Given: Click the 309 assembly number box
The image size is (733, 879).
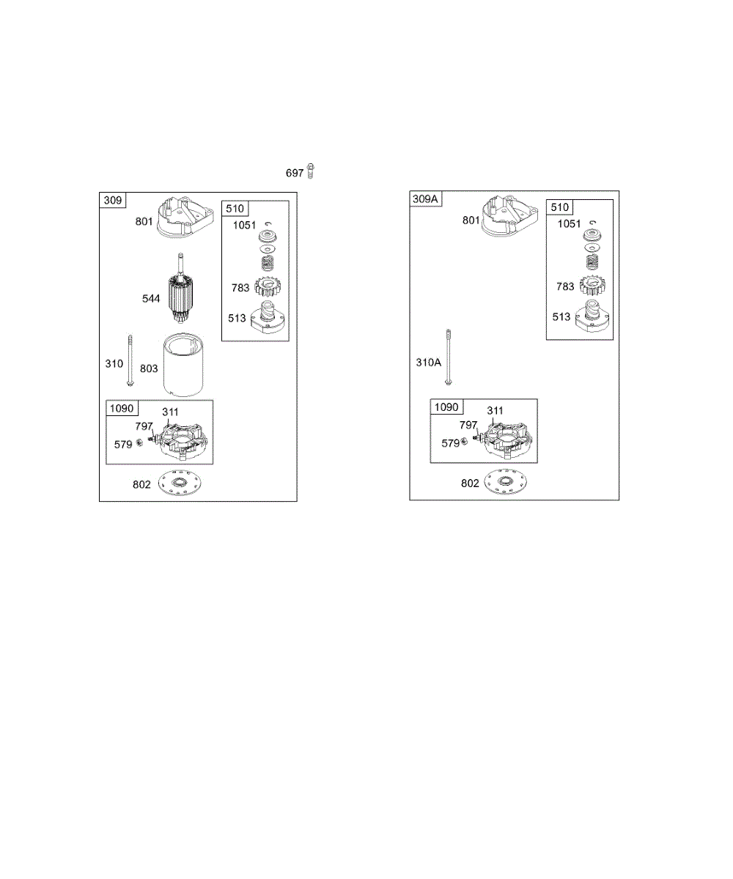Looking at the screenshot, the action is coord(113,199).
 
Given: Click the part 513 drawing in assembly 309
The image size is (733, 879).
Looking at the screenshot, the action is coord(267,318).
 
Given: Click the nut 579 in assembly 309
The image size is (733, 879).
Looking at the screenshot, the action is coord(139,443).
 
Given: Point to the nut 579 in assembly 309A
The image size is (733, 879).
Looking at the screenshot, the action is coord(465,442).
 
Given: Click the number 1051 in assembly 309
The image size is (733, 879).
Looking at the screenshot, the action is coord(245,226).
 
